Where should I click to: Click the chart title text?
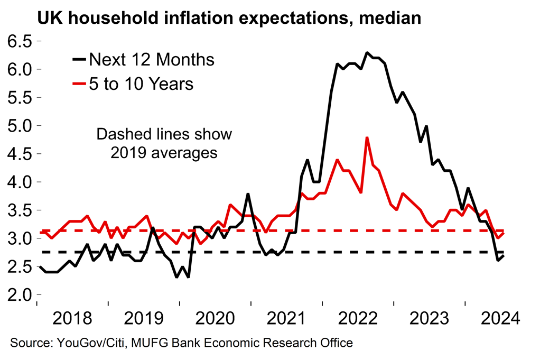click(x=228, y=19)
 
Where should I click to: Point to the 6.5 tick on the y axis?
click(x=18, y=41)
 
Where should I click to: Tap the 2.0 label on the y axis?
click(x=18, y=294)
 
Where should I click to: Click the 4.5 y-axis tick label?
click(x=18, y=154)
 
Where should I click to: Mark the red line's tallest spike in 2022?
click(x=367, y=137)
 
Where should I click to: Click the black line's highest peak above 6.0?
click(x=367, y=53)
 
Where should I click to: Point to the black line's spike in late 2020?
click(x=248, y=194)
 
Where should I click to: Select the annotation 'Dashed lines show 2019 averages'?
click(x=164, y=143)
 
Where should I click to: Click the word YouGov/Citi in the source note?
click(x=85, y=344)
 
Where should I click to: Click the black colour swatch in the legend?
click(x=79, y=59)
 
